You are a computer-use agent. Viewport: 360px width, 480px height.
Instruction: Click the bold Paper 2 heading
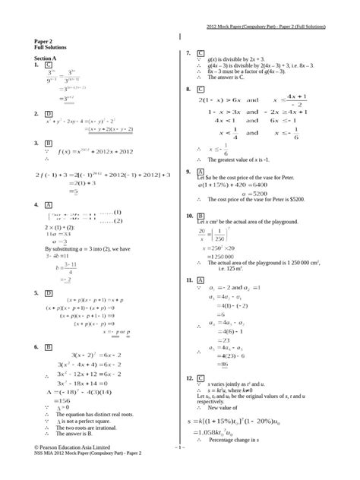44,43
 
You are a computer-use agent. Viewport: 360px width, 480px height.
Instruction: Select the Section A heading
46,58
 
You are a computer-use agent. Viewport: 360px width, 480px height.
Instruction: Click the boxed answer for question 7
201,53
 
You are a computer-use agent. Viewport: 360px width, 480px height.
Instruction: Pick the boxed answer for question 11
201,280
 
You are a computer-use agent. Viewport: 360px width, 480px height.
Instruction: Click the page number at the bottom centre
179,470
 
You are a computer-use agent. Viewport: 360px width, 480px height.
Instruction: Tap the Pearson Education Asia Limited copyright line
72,469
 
